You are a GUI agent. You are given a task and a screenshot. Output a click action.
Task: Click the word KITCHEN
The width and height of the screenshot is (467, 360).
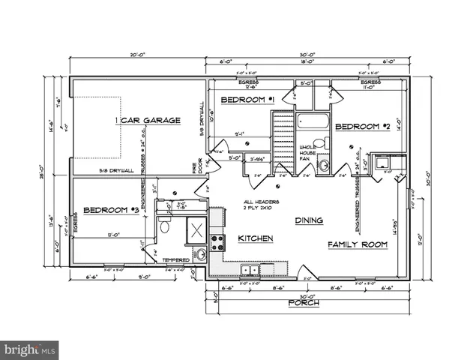click(x=255, y=238)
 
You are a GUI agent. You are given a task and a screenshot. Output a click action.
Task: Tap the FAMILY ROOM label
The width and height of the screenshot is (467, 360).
click(x=357, y=244)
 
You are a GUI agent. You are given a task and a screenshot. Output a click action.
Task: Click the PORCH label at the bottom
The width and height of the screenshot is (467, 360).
click(x=304, y=303)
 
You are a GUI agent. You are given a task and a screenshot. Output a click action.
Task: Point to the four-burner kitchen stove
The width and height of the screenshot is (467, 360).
click(x=217, y=241)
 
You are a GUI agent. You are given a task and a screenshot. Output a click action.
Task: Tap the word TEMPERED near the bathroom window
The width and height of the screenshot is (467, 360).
click(x=175, y=260)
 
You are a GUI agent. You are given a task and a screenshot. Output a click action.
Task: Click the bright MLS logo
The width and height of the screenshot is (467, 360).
click(x=30, y=350)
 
